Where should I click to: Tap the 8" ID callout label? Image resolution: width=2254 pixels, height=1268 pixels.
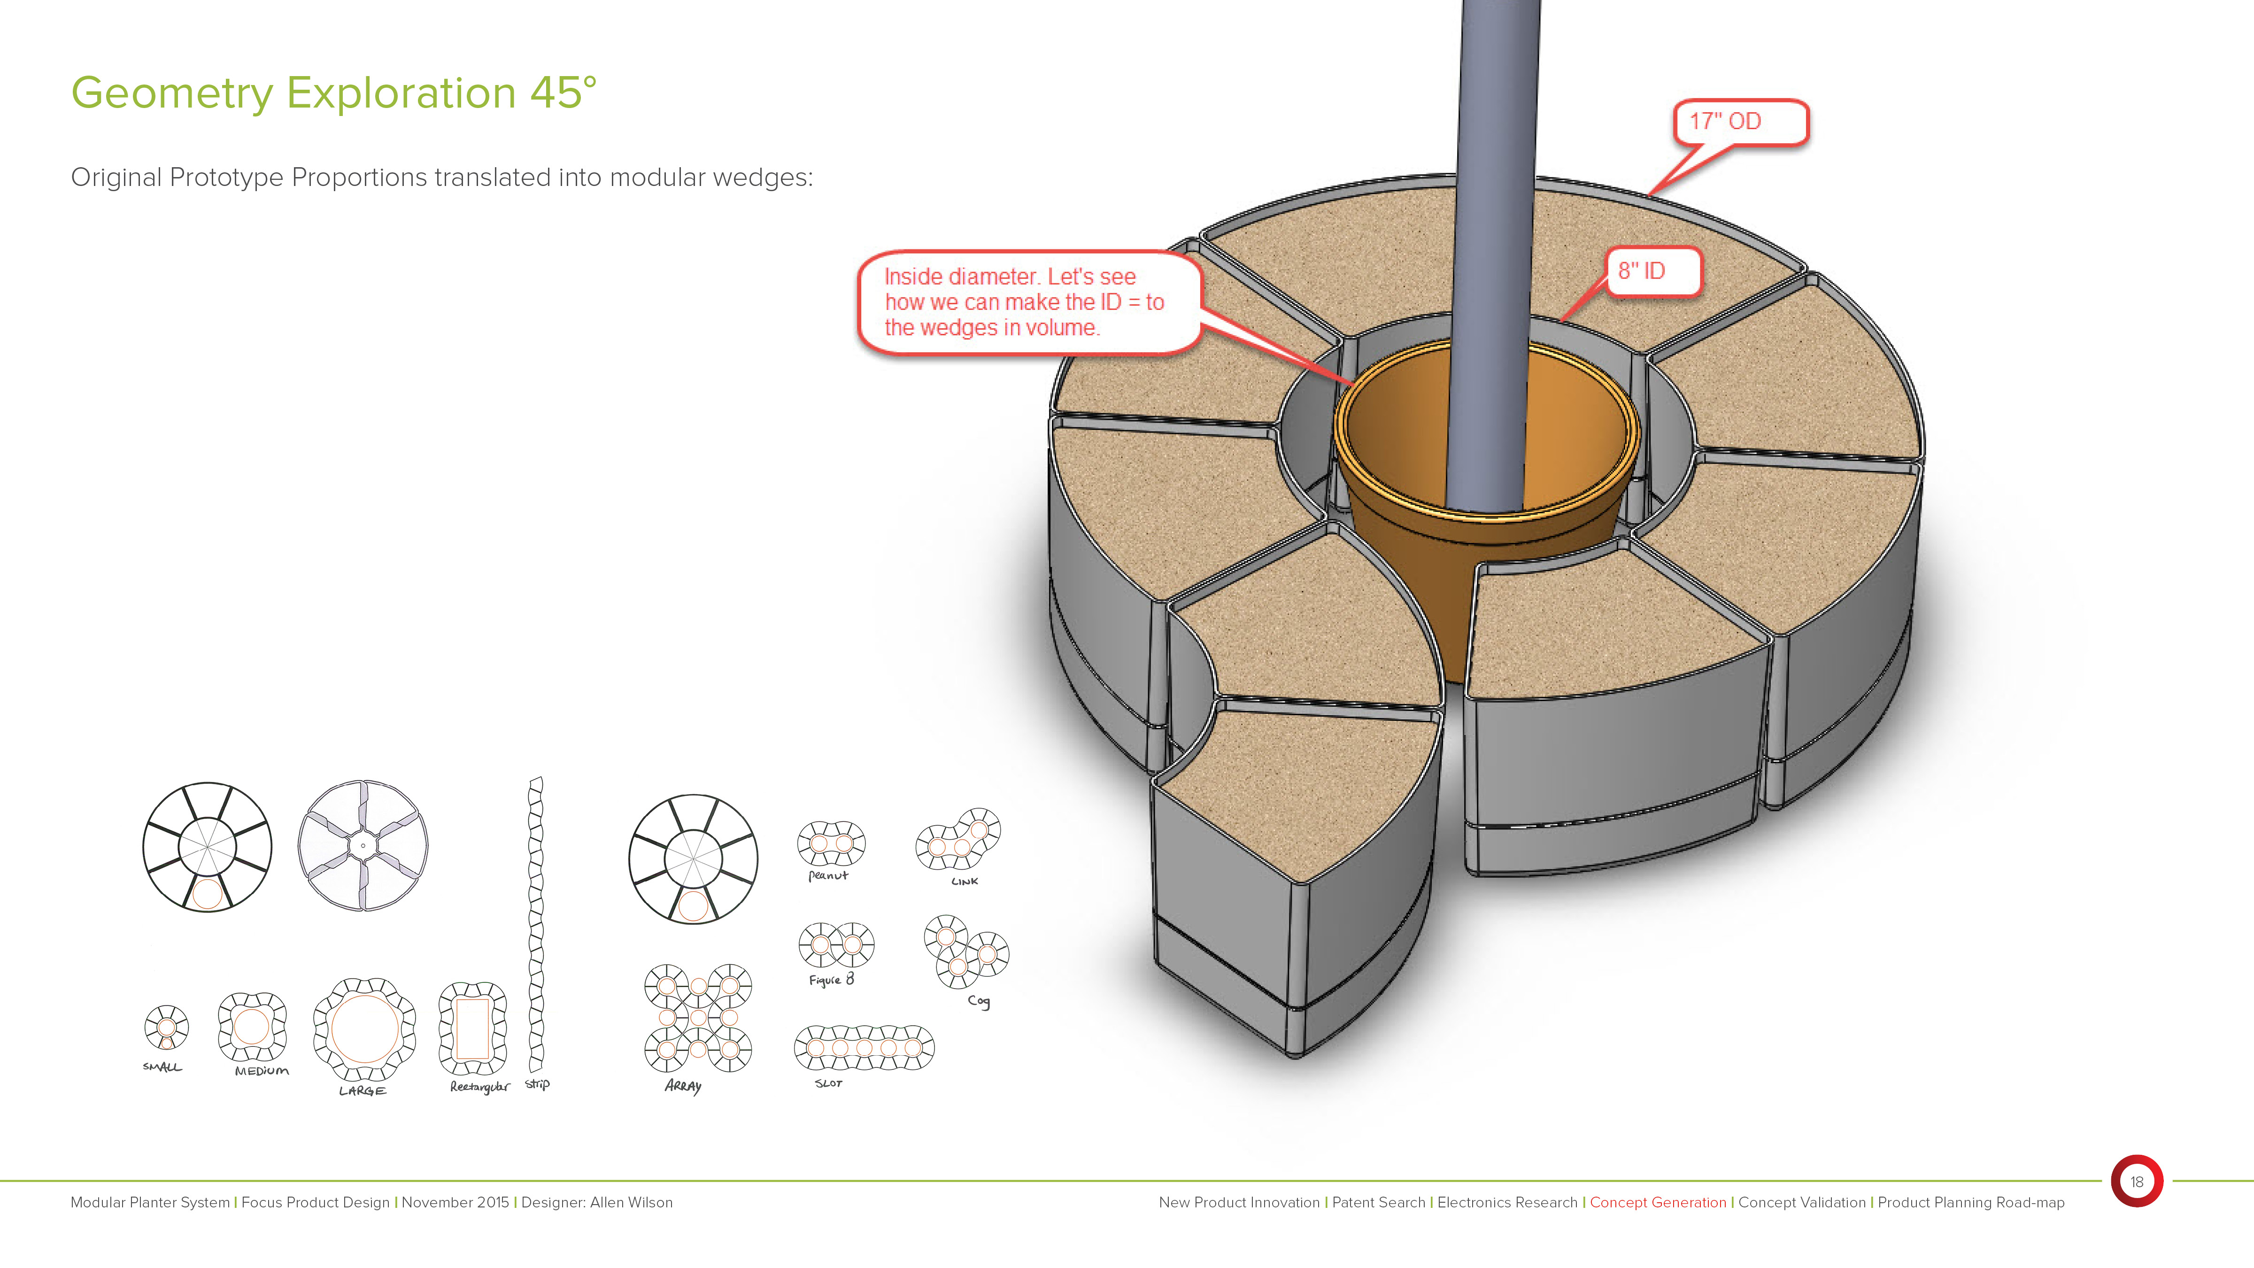point(1653,271)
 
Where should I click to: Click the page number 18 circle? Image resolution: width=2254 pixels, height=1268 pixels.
point(2136,1182)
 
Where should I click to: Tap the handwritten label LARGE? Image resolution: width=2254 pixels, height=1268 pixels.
point(362,1091)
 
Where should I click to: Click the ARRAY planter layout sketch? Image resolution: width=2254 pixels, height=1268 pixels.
point(698,1018)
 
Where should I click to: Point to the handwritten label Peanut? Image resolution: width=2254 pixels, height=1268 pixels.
point(828,875)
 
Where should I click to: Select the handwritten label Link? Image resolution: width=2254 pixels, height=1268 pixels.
point(964,881)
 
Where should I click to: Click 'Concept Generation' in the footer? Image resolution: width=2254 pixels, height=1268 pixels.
point(1657,1202)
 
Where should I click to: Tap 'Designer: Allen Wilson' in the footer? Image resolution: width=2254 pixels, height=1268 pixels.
point(597,1202)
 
